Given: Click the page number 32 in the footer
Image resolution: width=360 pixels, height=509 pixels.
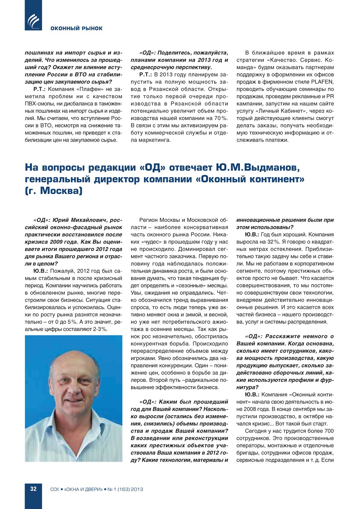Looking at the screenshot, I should (33, 489).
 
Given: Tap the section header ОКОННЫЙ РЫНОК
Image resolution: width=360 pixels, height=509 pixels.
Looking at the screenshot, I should (76, 28).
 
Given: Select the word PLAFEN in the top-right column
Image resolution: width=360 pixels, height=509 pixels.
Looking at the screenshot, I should (322, 82).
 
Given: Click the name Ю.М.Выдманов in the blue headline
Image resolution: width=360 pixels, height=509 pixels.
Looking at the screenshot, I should (258, 168).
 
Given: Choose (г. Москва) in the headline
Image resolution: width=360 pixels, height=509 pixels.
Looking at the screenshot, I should (54, 191).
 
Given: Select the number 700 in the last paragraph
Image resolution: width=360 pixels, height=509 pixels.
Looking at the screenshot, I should (329, 431).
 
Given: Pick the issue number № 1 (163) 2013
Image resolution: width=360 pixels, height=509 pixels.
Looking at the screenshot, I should (125, 489).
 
